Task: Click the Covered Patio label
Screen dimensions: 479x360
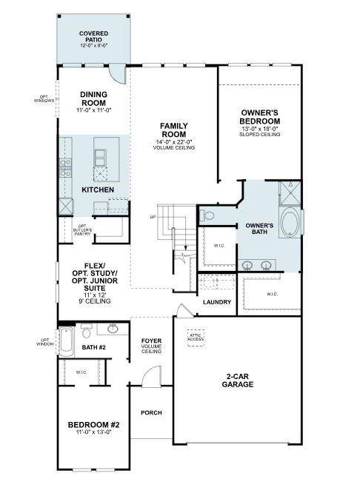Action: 94,38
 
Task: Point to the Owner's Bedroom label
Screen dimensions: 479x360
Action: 260,121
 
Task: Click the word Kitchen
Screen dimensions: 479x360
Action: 97,190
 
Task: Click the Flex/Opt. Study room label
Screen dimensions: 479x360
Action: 94,283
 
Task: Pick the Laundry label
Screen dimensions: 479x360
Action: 217,302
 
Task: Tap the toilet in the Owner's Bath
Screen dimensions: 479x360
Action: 208,216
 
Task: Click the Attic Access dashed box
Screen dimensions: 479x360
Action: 196,337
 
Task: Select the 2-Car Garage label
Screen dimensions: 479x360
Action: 240,381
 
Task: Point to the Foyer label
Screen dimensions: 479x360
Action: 151,345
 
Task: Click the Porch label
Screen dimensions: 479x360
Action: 151,412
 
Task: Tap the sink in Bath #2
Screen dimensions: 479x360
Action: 113,329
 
